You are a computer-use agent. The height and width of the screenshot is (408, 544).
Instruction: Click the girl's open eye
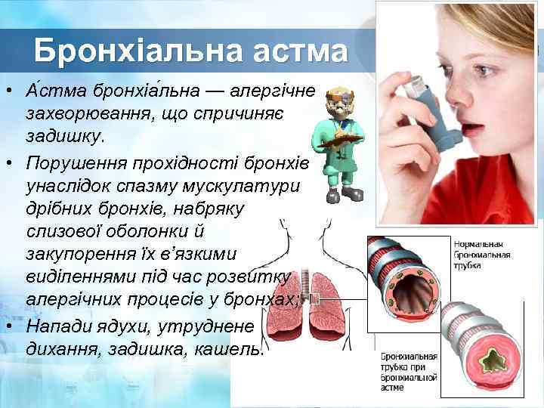[484, 71]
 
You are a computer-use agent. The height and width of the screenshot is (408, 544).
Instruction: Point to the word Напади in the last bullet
[60, 326]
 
